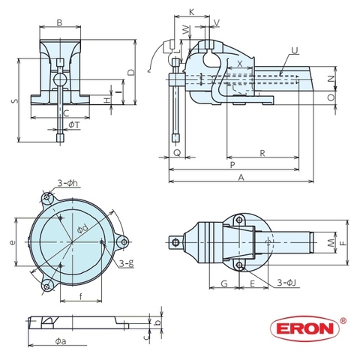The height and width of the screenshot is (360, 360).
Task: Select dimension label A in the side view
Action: [241, 177]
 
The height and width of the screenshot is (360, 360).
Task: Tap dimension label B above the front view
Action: [59, 22]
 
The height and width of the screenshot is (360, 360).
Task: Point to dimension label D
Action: [130, 72]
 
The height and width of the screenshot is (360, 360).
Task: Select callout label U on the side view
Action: [293, 52]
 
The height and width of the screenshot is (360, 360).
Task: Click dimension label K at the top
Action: [192, 12]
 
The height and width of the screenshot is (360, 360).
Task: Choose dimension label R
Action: [262, 153]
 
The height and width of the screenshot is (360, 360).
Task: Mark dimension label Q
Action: [176, 151]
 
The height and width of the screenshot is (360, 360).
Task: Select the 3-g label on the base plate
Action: [126, 262]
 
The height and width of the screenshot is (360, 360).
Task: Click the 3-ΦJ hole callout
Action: [286, 282]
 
